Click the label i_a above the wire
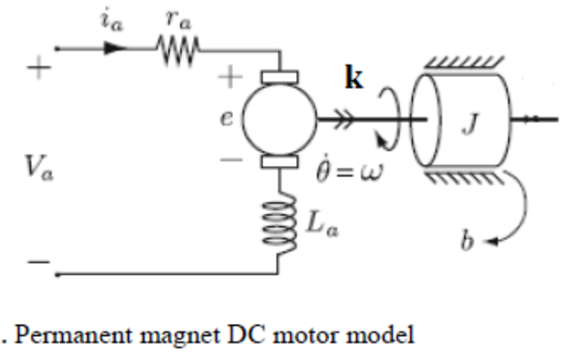(x=111, y=22)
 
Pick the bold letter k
(x=354, y=80)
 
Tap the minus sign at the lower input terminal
(x=33, y=259)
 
